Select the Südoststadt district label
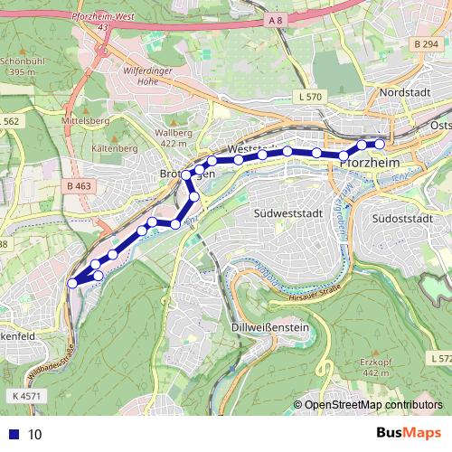click(x=404, y=219)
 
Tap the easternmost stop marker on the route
click(x=380, y=144)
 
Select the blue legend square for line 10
click(x=11, y=434)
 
